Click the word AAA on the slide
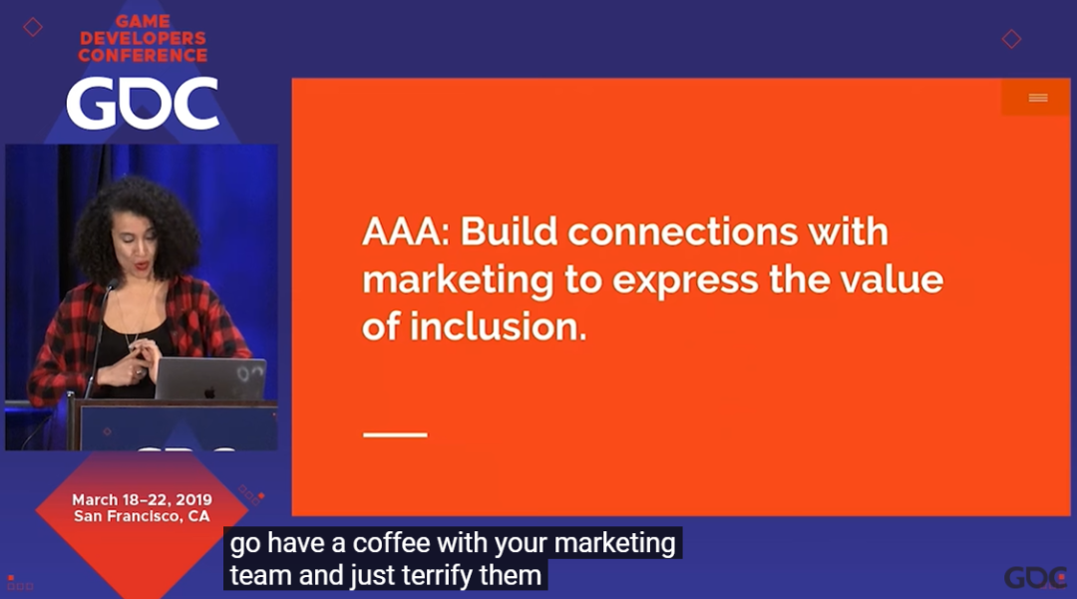(405, 232)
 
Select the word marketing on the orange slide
(458, 281)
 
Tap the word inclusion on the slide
(499, 327)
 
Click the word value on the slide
(894, 279)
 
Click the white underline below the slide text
(395, 435)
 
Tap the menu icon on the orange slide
(1038, 98)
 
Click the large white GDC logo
(143, 104)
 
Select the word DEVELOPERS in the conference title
(143, 39)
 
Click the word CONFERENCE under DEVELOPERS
(143, 56)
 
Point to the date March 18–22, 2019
(143, 499)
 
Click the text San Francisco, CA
(142, 516)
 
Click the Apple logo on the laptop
(209, 392)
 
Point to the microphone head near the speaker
(111, 285)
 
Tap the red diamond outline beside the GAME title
(32, 27)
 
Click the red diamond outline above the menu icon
(1011, 39)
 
